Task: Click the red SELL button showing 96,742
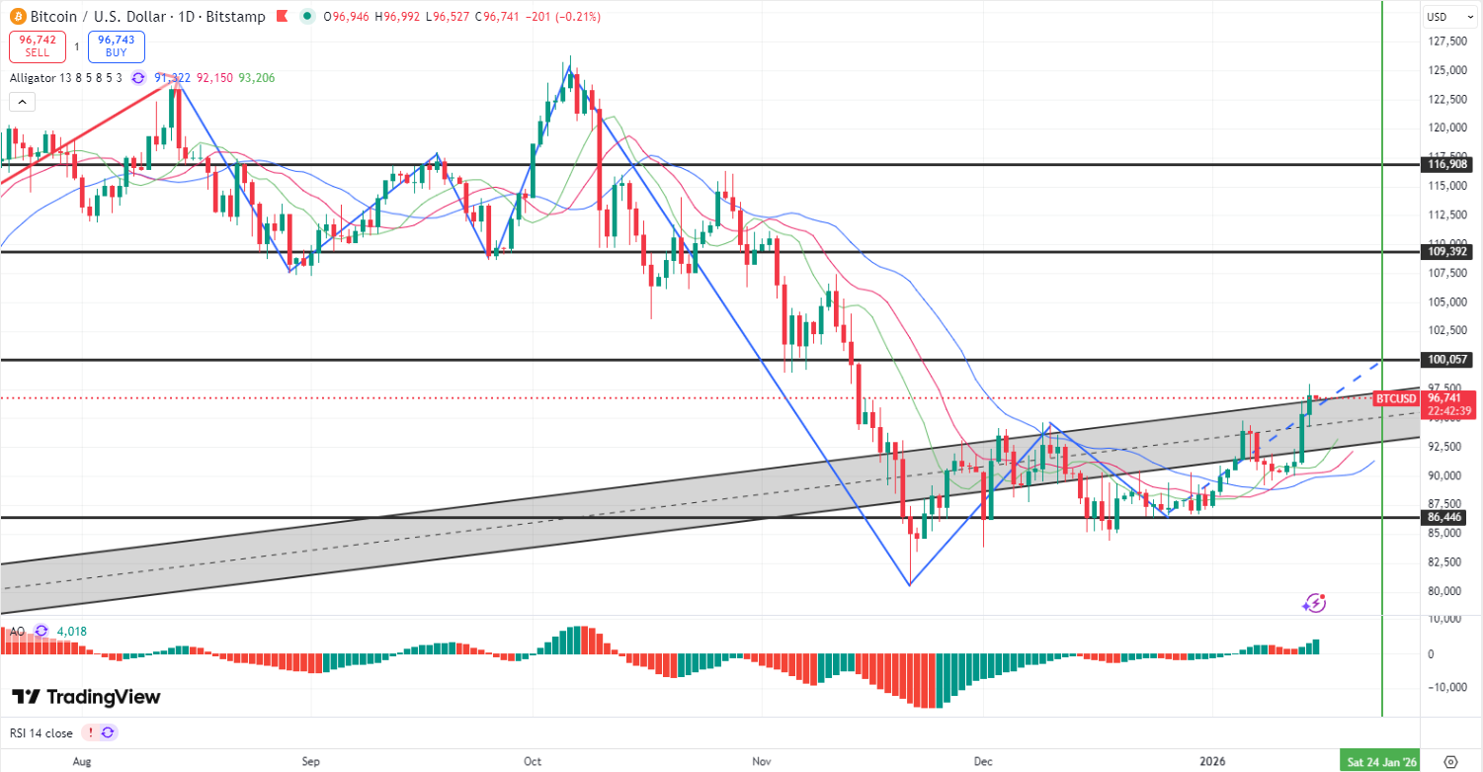click(38, 46)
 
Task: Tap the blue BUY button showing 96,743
click(116, 46)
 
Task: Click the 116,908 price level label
click(1449, 165)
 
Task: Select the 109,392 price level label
click(1449, 252)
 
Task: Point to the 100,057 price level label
click(1449, 360)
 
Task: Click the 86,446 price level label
click(1449, 517)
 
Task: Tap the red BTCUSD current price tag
click(1395, 398)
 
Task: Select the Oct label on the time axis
click(533, 761)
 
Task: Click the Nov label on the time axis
click(761, 761)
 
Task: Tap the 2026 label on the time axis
click(1212, 761)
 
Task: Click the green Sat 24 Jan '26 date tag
click(1380, 761)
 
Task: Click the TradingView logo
click(86, 697)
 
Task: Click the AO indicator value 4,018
click(72, 631)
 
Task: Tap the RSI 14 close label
click(41, 733)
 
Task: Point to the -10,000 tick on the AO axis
click(1447, 687)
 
